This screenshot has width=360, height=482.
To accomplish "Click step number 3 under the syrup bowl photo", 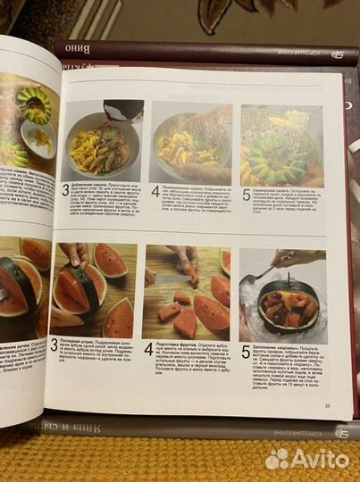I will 65,190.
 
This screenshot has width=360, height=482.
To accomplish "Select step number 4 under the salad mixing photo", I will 155,191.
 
